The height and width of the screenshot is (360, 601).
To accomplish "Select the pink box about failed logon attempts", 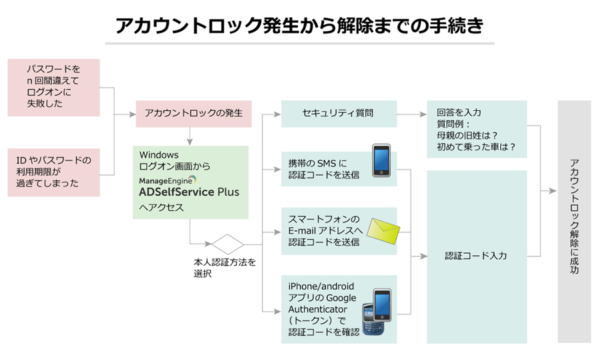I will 53,87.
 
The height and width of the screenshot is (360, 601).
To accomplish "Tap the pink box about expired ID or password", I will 53,172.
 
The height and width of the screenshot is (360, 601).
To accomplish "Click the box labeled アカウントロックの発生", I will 194,114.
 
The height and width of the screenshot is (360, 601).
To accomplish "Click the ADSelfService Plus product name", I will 184,192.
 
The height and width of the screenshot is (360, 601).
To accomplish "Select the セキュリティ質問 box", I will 339,114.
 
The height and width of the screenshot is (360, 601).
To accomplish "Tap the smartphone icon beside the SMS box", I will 380,160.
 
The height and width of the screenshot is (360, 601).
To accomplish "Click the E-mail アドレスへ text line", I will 325,230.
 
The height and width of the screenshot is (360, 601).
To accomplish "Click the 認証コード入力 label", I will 476,256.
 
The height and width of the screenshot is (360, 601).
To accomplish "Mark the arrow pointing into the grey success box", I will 549,192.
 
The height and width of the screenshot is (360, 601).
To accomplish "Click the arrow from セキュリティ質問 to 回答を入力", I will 412,114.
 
